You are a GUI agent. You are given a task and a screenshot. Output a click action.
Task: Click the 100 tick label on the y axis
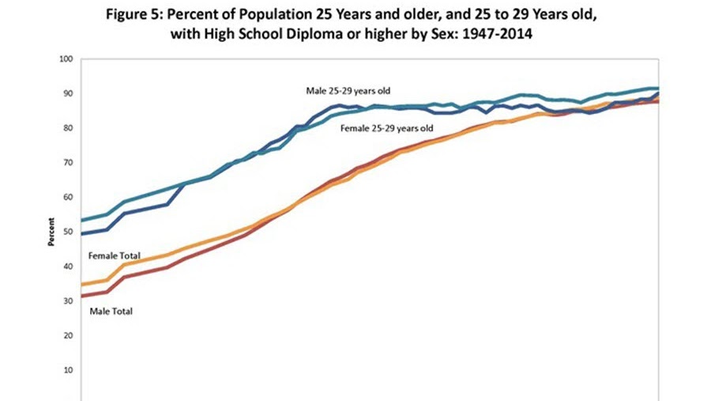point(66,59)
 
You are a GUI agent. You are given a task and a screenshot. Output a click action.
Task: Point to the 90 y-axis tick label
point(68,94)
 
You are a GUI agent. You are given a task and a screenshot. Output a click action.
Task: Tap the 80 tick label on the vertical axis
point(68,128)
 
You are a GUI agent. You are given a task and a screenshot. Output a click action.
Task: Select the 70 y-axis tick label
point(68,163)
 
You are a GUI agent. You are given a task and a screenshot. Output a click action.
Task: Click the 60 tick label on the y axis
point(68,198)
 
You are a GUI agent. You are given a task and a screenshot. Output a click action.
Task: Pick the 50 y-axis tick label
point(68,232)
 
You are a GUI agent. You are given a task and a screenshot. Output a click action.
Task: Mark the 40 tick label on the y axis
point(68,267)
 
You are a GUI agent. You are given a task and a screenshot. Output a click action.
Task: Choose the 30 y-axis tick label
point(68,301)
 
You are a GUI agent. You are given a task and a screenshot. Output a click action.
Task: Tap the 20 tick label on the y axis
point(68,335)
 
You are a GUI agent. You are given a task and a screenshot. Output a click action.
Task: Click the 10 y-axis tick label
point(68,370)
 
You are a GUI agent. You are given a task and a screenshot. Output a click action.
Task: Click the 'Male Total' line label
point(111,311)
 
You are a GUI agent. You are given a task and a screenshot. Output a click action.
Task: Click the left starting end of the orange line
point(83,285)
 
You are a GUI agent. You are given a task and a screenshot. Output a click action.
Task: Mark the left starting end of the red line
point(83,296)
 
